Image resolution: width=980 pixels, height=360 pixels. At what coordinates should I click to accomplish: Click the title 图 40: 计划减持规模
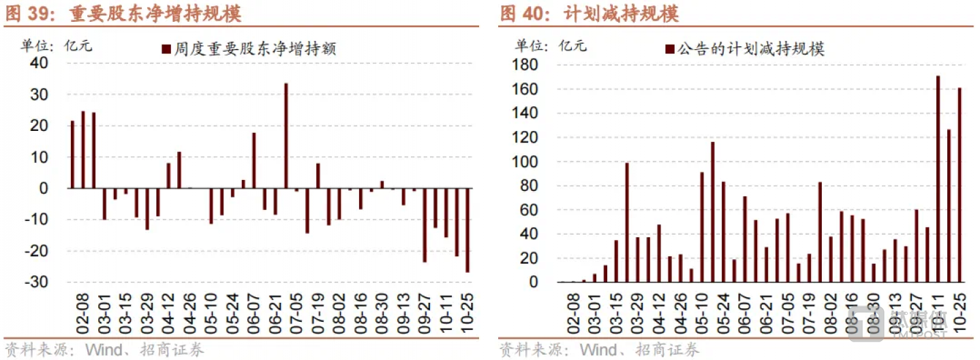(x=589, y=13)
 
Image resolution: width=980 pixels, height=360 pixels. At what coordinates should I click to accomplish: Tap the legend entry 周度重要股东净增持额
(x=249, y=49)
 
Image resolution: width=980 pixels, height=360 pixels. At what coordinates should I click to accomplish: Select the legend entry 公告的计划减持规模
(x=745, y=49)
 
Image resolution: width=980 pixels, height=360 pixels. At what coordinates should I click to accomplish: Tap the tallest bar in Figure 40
(x=938, y=179)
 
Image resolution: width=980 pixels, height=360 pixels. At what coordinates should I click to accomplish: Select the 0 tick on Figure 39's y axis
(x=43, y=188)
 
